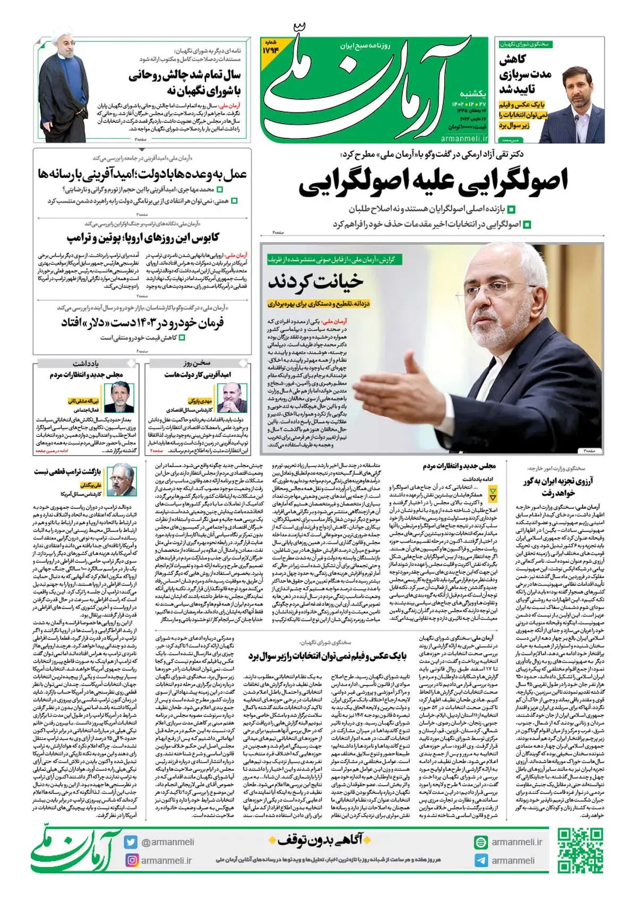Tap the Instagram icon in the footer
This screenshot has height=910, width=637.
pos(131,860)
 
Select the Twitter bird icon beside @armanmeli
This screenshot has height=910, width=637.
pos(131,842)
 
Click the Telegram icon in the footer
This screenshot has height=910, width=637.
pos(481,861)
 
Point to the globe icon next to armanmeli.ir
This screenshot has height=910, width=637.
pos(481,842)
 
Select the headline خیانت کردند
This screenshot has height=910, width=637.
pos(316,282)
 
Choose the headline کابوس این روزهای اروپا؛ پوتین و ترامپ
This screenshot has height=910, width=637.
pos(143,237)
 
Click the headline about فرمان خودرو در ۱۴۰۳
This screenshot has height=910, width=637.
pos(143,322)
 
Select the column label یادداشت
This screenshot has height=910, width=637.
pos(85,364)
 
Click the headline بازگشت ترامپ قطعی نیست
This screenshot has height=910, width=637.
pos(67,471)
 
